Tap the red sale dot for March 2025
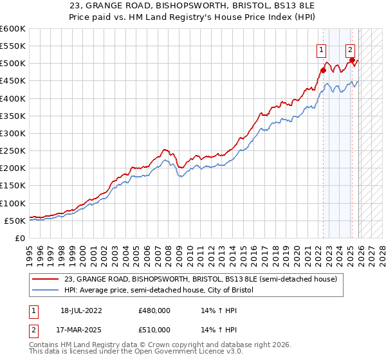353,60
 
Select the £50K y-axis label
15,221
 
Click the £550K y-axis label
12,46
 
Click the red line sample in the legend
46,279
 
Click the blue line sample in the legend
46,291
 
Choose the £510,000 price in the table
154,330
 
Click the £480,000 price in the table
154,310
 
